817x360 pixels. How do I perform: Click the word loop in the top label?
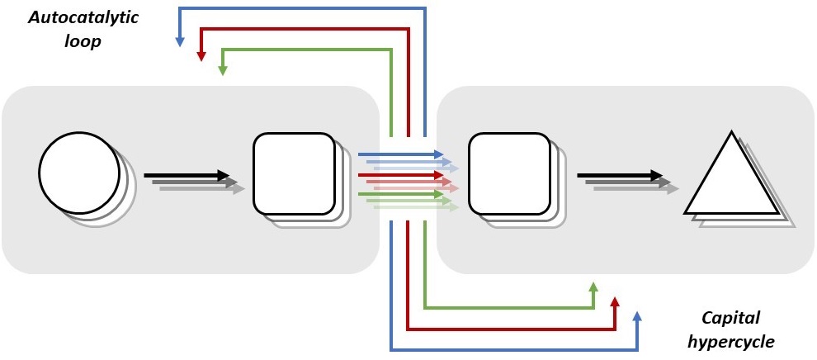(x=84, y=40)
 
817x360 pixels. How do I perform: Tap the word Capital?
(x=730, y=317)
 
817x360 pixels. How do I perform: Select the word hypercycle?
(x=732, y=340)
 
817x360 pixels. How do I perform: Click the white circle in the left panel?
(x=80, y=174)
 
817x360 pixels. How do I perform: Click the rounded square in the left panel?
(x=294, y=173)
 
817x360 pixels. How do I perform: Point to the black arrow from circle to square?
(x=187, y=175)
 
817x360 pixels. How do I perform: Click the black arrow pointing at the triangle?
(x=620, y=175)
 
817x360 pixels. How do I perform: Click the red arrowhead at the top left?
(x=201, y=56)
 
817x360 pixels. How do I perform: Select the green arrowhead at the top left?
(x=222, y=71)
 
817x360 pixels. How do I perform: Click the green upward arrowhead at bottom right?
(x=593, y=287)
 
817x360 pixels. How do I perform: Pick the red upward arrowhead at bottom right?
(x=615, y=301)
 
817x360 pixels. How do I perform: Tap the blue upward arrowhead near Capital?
(x=636, y=316)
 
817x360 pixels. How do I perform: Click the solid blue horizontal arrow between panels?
(x=400, y=154)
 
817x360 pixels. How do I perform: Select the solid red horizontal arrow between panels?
(x=400, y=175)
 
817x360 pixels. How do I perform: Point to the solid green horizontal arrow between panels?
(x=400, y=195)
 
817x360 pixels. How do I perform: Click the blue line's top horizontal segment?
(x=301, y=8)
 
